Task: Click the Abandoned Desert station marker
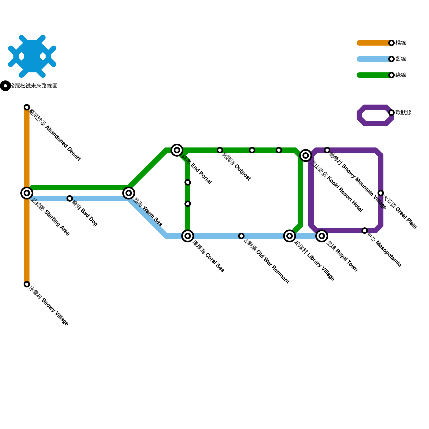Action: pyautogui.click(x=27, y=107)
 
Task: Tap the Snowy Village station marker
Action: pyautogui.click(x=27, y=284)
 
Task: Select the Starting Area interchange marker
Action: pyautogui.click(x=27, y=193)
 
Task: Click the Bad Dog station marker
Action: pyautogui.click(x=70, y=198)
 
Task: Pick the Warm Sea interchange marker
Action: pyautogui.click(x=129, y=193)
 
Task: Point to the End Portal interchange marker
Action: pyautogui.click(x=177, y=150)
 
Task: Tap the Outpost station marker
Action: pyautogui.click(x=220, y=150)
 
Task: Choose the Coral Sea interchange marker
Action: pyautogui.click(x=188, y=236)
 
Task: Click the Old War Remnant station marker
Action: pyautogui.click(x=241, y=236)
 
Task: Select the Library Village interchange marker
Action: pyautogui.click(x=290, y=236)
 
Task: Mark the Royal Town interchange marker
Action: pyautogui.click(x=322, y=236)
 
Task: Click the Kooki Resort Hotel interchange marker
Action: pyautogui.click(x=306, y=156)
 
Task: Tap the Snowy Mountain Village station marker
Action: pyautogui.click(x=327, y=150)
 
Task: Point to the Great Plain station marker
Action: pyautogui.click(x=381, y=193)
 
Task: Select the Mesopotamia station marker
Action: pyautogui.click(x=365, y=231)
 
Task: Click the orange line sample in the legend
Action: pyautogui.click(x=374, y=43)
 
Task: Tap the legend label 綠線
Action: pyautogui.click(x=401, y=75)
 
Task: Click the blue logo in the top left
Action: pyautogui.click(x=32, y=56)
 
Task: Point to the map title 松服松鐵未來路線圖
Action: pyautogui.click(x=33, y=86)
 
